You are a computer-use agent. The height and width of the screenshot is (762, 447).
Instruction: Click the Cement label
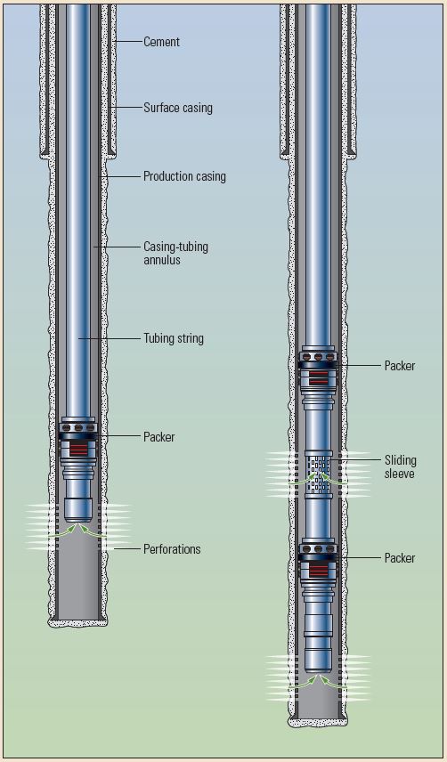[161, 42]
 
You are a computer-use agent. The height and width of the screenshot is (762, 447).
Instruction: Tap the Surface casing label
[178, 108]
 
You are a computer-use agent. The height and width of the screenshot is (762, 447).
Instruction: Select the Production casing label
[184, 176]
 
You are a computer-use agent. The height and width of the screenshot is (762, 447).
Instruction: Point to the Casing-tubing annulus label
[175, 253]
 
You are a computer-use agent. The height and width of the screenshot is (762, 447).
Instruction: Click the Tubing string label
[174, 338]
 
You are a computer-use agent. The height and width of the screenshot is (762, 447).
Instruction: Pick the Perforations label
[172, 549]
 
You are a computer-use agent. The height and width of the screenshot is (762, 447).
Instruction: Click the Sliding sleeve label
[401, 466]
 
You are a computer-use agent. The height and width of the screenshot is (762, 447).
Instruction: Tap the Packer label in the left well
[158, 437]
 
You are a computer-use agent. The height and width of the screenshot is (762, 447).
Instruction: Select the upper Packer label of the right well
[400, 366]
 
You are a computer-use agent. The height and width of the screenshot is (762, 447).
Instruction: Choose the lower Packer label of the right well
[400, 558]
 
